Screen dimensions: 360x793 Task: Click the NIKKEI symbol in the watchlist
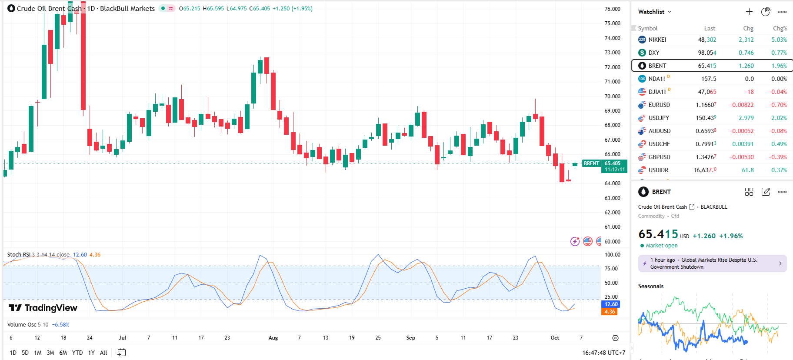[657, 40]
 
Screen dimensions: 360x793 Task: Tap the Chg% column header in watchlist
[780, 28]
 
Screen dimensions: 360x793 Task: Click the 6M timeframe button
[63, 353]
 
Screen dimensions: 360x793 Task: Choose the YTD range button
[77, 353]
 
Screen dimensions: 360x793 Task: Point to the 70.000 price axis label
[612, 96]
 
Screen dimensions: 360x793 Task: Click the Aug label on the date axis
[273, 338]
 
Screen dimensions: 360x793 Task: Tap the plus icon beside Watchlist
[749, 12]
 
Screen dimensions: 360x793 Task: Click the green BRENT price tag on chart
[591, 163]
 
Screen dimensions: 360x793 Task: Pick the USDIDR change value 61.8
[747, 170]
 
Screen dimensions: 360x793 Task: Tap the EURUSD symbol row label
[659, 105]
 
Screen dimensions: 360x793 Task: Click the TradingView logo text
[43, 308]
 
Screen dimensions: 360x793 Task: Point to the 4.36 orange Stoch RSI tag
[610, 312]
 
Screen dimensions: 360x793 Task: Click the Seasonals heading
[651, 286]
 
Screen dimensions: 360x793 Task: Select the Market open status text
[661, 246]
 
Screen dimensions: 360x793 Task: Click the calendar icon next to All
[122, 353]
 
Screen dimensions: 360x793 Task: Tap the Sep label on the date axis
[410, 338]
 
